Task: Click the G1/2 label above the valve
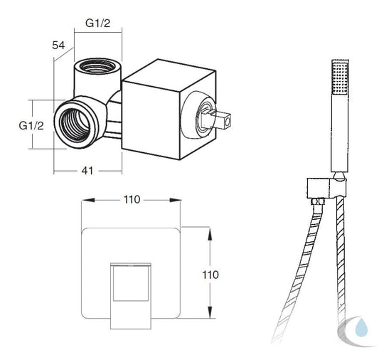97,23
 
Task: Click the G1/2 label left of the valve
31,125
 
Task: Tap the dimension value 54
58,46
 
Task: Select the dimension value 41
87,171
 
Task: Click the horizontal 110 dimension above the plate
132,200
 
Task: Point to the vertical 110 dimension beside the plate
210,275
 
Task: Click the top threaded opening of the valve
97,65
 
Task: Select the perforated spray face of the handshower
341,78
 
